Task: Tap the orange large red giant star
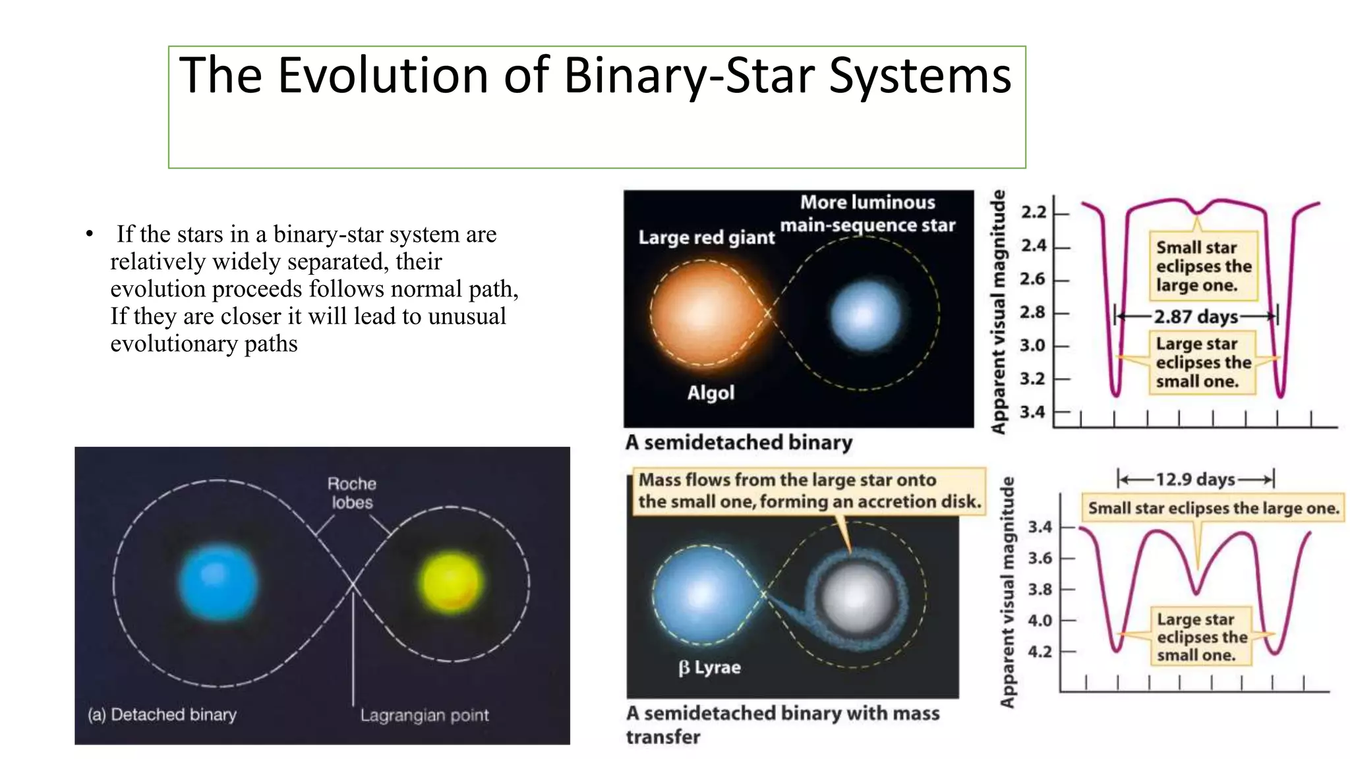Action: (x=703, y=312)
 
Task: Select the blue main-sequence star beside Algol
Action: (x=865, y=315)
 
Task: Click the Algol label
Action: (x=710, y=393)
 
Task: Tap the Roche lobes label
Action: (x=352, y=493)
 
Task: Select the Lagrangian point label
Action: (x=424, y=715)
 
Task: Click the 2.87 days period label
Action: (x=1196, y=317)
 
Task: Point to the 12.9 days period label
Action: (x=1194, y=479)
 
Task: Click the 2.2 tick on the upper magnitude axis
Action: (x=1034, y=212)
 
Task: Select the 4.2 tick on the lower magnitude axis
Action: (x=1040, y=652)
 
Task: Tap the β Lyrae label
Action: (x=709, y=667)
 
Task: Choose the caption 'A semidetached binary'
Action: (x=738, y=442)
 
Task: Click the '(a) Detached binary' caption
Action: (x=162, y=715)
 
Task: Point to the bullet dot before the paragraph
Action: (x=90, y=235)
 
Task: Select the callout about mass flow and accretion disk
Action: (x=809, y=491)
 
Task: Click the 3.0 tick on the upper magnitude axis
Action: (x=1033, y=345)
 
